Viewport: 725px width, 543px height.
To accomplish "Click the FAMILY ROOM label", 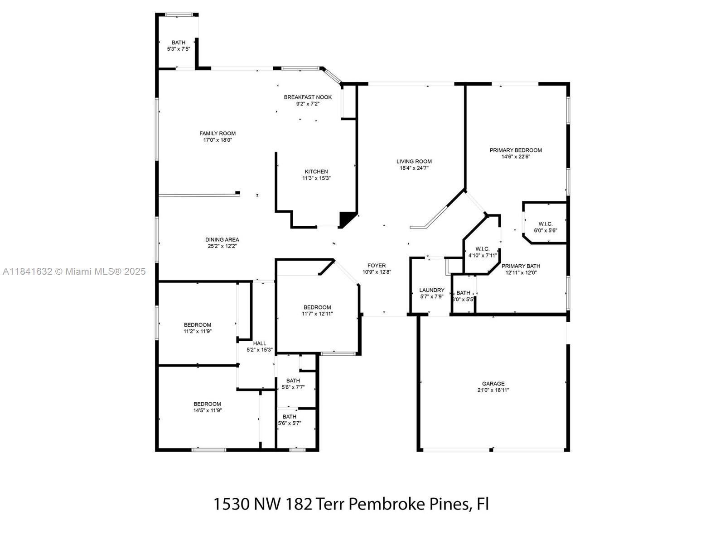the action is [217, 133].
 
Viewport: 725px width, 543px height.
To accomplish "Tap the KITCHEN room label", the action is [316, 172].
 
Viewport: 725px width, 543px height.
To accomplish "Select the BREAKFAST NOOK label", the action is [308, 97].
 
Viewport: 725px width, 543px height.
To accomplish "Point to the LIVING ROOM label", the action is [414, 162].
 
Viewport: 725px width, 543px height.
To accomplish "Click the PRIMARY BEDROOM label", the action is [516, 150].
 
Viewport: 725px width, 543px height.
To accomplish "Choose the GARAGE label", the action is [493, 384].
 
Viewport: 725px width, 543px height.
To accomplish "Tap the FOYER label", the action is [377, 266].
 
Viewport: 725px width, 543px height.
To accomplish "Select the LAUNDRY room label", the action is [432, 290].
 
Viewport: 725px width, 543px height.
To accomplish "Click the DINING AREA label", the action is [222, 240].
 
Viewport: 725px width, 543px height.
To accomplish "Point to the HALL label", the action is [260, 343].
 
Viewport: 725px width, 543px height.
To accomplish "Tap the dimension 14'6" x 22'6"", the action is [516, 157].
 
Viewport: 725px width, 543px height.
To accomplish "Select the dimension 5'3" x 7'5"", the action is [179, 49].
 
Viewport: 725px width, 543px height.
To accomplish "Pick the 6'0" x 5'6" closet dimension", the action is [545, 231].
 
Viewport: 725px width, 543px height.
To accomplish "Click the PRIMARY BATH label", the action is [521, 266].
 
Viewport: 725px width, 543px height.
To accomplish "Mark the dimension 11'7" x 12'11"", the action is [317, 314].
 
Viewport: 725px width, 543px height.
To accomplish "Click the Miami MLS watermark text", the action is [74, 271].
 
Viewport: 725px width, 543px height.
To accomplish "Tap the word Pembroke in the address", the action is [387, 504].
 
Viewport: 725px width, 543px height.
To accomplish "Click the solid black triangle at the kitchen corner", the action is [346, 219].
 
